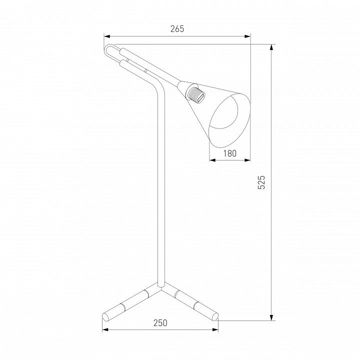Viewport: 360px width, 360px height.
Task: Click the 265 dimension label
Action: coord(177,29)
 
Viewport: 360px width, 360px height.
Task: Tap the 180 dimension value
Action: coord(230,153)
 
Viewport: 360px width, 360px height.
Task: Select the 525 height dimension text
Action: coord(261,182)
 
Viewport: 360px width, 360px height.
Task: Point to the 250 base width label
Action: coord(160,323)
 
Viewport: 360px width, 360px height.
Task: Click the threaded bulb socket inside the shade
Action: coord(196,95)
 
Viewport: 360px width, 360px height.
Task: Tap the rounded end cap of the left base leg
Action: coord(105,317)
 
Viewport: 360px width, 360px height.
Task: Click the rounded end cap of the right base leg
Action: coord(215,317)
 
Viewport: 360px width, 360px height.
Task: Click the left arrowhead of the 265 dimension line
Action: coord(107,36)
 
